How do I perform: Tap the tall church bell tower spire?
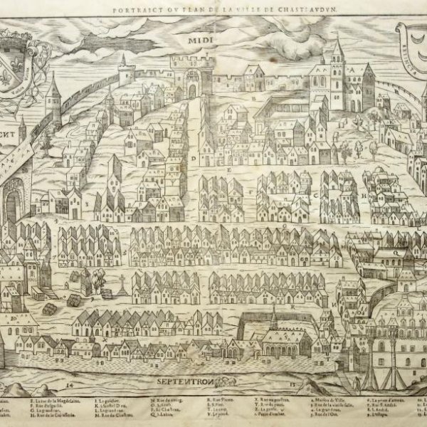pyautogui.click(x=336, y=57)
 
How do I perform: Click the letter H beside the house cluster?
pyautogui.click(x=364, y=192)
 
